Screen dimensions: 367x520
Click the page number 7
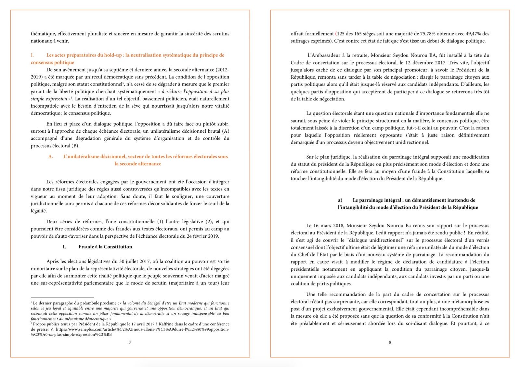pyautogui.click(x=130, y=342)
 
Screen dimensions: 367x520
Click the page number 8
pyautogui.click(x=390, y=342)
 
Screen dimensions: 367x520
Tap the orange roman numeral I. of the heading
pyautogui.click(x=32, y=55)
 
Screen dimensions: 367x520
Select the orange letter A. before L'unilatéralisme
pyautogui.click(x=51, y=157)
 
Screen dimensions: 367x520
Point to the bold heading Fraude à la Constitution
pyautogui.click(x=105, y=247)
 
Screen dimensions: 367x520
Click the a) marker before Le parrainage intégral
pyautogui.click(x=340, y=200)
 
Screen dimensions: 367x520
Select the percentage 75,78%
pyautogui.click(x=427, y=34)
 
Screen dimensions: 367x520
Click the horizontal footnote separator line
pyautogui.click(x=62, y=297)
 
